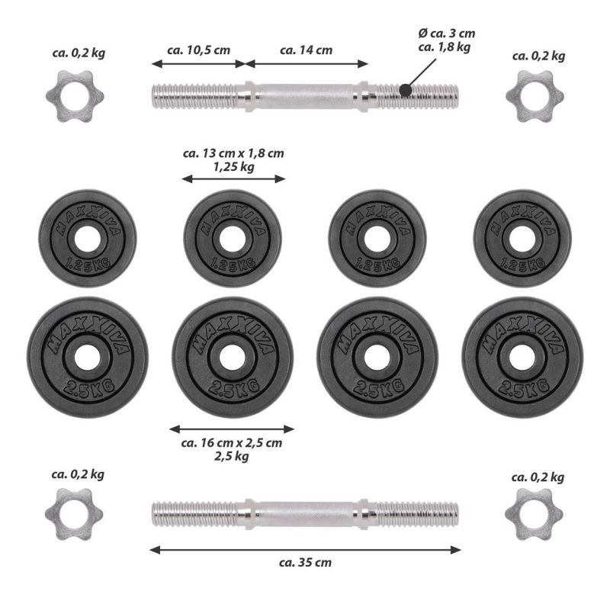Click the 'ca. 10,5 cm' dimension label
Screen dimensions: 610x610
(198, 50)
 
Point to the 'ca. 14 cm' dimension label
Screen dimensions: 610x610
(307, 50)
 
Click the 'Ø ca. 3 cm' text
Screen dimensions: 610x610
(447, 34)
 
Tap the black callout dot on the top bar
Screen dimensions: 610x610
(406, 90)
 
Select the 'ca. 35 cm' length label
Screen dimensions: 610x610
(306, 563)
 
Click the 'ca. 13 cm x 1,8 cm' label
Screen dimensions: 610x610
(233, 153)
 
